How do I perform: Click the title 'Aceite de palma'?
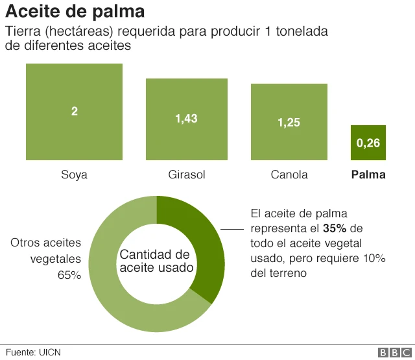[75, 12]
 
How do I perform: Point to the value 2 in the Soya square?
[75, 112]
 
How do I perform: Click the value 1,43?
[187, 119]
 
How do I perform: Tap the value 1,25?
[289, 123]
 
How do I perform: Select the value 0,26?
[368, 143]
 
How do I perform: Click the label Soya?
[75, 174]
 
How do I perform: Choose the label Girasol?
[187, 174]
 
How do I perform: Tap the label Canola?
[289, 174]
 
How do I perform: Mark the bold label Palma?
[368, 174]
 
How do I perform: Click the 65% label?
[69, 275]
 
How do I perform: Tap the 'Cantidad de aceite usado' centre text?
[156, 261]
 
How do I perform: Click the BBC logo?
[392, 352]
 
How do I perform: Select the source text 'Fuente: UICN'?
[33, 352]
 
